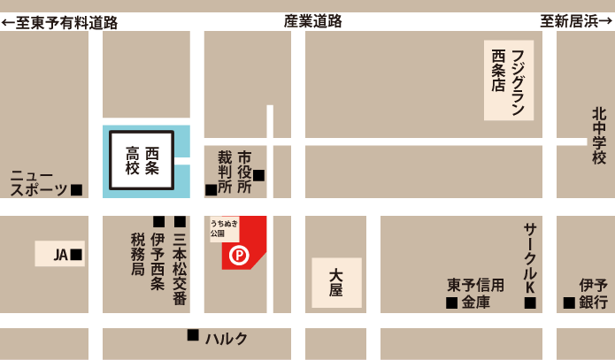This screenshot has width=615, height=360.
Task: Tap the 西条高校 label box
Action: point(147,160)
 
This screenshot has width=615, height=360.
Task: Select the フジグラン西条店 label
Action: point(509,80)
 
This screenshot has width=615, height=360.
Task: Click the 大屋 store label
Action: point(336,283)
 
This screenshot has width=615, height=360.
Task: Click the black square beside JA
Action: point(77,255)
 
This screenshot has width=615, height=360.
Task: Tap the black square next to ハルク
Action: point(193,335)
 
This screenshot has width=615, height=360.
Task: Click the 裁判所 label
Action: point(225,172)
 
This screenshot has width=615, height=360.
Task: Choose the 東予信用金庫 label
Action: point(476,294)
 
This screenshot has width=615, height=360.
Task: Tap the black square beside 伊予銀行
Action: point(568,303)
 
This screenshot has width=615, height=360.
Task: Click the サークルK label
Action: point(530,251)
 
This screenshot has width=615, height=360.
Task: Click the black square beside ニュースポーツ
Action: point(77,189)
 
